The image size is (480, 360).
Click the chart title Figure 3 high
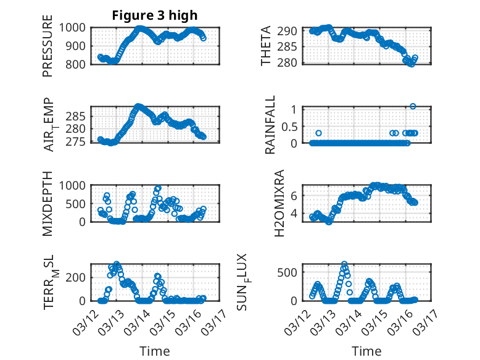tap(155, 15)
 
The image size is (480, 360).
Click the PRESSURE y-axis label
tap(48, 50)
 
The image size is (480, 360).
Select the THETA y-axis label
tap(266, 46)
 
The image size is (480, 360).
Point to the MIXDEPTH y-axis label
tap(48, 203)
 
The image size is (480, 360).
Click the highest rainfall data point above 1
tap(413, 106)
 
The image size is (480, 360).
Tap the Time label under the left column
tap(155, 351)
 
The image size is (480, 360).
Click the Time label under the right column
tap(366, 351)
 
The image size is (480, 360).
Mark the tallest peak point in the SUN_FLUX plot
tap(344, 264)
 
